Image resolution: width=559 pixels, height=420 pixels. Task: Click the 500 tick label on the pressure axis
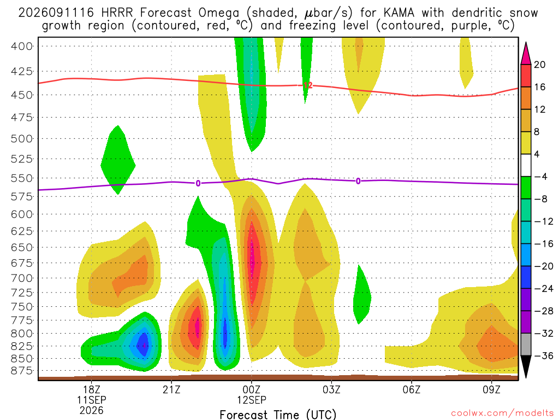click(21, 138)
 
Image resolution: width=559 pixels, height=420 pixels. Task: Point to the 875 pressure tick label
click(21, 371)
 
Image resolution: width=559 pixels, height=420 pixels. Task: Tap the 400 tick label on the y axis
click(21, 46)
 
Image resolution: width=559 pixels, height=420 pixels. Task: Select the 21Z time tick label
click(171, 389)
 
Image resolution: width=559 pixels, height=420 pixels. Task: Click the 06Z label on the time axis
click(412, 389)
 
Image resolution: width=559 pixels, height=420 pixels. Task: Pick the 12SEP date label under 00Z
click(252, 400)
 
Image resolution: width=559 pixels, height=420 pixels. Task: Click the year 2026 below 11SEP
click(92, 410)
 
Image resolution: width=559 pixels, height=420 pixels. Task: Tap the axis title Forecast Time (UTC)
click(278, 415)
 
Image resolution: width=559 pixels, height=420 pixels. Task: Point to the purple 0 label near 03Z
click(358, 181)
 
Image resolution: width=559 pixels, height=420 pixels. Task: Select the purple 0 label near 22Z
click(198, 183)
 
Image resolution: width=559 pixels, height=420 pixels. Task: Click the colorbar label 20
click(539, 65)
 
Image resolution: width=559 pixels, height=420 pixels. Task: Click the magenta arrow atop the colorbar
click(526, 54)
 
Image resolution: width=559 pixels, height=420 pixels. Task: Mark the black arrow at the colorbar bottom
click(526, 366)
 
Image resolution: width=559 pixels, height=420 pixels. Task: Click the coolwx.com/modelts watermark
click(502, 413)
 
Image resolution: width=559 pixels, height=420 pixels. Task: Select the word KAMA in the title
click(399, 13)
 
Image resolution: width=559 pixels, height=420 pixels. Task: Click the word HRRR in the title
click(117, 13)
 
